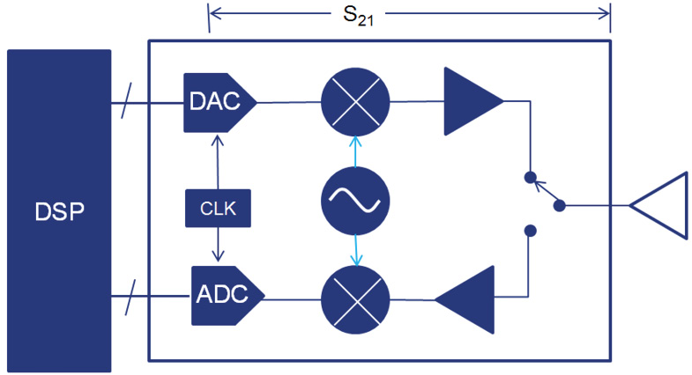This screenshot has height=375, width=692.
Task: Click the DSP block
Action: (x=58, y=210)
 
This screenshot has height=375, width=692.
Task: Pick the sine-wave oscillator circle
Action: (x=354, y=200)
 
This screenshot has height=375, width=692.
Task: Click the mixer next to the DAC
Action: (x=354, y=102)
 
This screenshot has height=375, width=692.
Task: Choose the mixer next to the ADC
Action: (x=354, y=298)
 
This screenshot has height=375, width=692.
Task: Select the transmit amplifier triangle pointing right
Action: (x=470, y=102)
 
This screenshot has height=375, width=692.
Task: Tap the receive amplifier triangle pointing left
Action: (x=465, y=298)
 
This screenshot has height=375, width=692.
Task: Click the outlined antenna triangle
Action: (x=663, y=206)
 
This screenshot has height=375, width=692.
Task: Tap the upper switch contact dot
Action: (x=530, y=177)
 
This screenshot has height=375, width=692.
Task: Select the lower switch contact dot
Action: (x=530, y=232)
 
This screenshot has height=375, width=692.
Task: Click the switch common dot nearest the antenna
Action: (x=559, y=205)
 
